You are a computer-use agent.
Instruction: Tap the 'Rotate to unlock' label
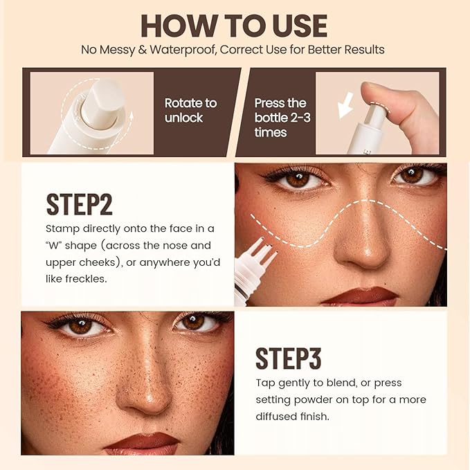(x=190, y=110)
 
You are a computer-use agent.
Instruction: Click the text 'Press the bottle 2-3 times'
(x=282, y=117)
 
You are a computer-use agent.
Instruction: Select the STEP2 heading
(x=79, y=204)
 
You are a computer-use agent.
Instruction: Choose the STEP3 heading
(x=289, y=358)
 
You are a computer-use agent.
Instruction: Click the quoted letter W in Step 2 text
(x=58, y=246)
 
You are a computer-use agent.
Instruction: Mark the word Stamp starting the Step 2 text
(x=62, y=228)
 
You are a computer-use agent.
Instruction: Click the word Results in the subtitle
(x=365, y=50)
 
